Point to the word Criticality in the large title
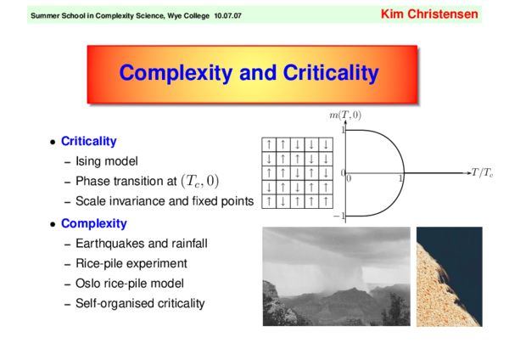tap(326, 73)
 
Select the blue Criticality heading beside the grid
tap(88, 142)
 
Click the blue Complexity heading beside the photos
tap(93, 223)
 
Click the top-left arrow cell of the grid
tap(269, 144)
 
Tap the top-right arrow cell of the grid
tap(326, 144)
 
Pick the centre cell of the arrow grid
tap(297, 172)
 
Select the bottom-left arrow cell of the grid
tap(269, 201)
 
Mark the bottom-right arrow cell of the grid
tap(326, 201)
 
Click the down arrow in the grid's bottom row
tap(283, 201)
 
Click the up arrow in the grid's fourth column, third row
tap(311, 172)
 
